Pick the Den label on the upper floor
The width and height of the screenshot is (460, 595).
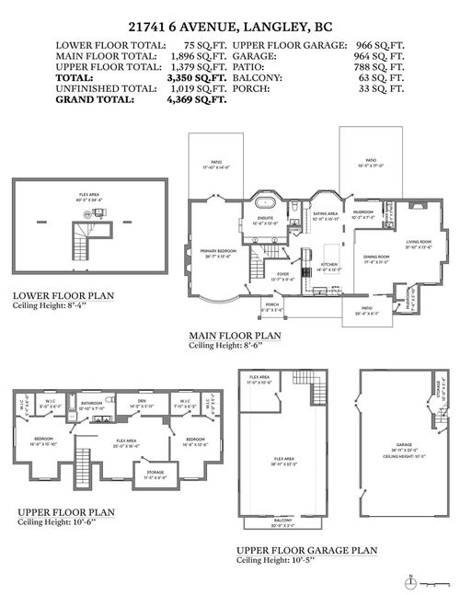142,401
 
